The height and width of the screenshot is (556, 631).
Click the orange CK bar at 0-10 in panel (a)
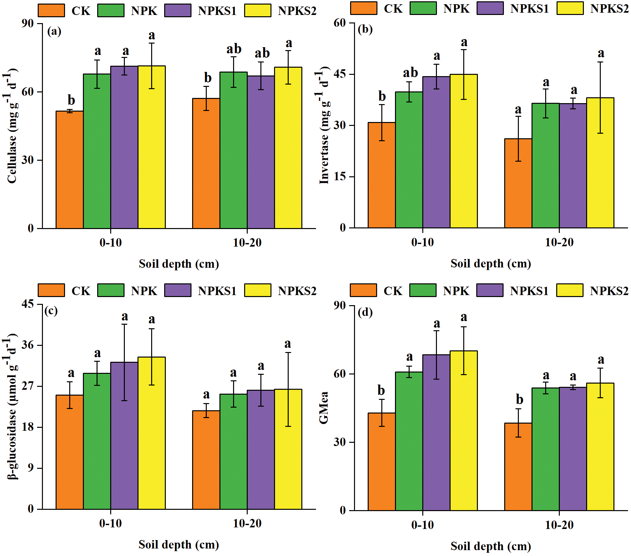[70, 170]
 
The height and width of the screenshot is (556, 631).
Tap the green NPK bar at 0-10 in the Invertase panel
[409, 160]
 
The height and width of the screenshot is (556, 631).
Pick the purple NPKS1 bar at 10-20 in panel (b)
[573, 166]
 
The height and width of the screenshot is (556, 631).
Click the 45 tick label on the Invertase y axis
[340, 74]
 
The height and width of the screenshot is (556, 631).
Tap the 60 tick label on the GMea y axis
[340, 374]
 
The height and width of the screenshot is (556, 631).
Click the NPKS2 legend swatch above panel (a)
[257, 10]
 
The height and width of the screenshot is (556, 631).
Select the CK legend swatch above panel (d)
[363, 290]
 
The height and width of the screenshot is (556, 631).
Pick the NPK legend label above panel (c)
[144, 291]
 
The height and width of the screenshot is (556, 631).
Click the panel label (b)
[365, 30]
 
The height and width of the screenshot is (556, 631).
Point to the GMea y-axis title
[324, 408]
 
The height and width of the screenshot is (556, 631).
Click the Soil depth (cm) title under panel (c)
[179, 545]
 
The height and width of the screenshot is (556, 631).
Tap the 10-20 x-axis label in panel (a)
[247, 242]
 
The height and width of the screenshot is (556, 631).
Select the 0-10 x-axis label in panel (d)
[422, 525]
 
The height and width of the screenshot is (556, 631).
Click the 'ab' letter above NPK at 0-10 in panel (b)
[410, 73]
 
